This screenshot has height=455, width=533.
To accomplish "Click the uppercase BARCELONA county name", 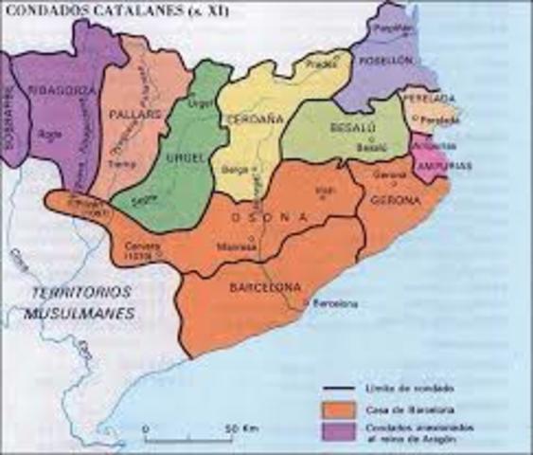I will pyautogui.click(x=264, y=286).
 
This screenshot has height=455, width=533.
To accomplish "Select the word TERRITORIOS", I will pyautogui.click(x=80, y=291).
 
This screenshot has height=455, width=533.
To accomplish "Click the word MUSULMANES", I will pyautogui.click(x=80, y=312).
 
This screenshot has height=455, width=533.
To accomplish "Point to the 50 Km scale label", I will pyautogui.click(x=238, y=429).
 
